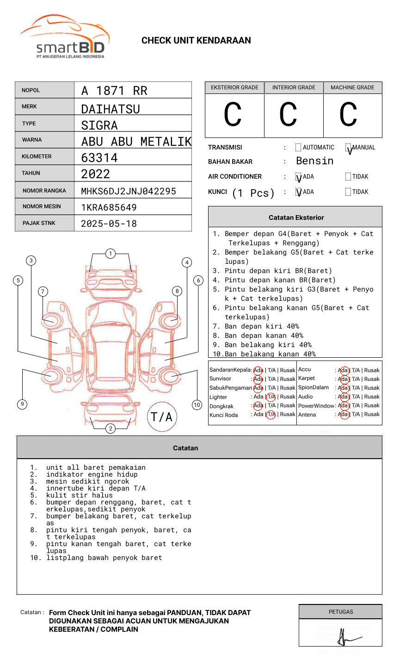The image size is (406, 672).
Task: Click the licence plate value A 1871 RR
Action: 114,91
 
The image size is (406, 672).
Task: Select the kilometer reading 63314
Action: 99,158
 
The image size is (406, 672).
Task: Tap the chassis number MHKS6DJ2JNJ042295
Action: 129,191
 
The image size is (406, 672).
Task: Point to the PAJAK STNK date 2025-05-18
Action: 109,224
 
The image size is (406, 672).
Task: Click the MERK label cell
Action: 44,106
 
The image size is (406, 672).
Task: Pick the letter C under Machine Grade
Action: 348,115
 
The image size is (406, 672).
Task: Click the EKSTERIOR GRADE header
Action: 234,87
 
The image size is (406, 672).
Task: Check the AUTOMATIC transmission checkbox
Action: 298,148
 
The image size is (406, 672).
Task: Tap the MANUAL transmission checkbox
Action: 348,148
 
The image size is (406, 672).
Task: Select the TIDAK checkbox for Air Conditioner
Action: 348,176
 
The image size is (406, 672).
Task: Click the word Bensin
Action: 314,161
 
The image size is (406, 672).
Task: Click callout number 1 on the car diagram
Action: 110,253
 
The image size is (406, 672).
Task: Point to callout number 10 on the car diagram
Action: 197,404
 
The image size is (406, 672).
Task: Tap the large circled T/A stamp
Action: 162,417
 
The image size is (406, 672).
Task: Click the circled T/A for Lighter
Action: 271,397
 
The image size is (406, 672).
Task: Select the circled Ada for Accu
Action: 343,370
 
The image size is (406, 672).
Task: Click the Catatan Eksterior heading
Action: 296,218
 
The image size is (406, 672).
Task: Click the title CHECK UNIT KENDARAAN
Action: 196,41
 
